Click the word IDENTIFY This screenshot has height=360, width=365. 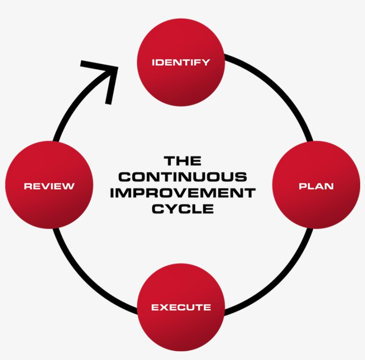pos(181,62)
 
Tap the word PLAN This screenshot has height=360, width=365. pos(316,186)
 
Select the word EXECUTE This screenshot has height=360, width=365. pos(181,307)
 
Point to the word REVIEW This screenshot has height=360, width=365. pos(49,186)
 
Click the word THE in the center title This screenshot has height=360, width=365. pos(182,161)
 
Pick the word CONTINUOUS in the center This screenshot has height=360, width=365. pos(182,177)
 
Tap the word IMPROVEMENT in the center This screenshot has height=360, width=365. pos(182,193)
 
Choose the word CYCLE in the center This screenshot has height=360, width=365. pos(182,209)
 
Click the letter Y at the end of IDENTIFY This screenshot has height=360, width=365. pos(206,62)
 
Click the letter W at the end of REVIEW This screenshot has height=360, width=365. pos(69,186)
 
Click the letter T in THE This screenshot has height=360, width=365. pos(169,161)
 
